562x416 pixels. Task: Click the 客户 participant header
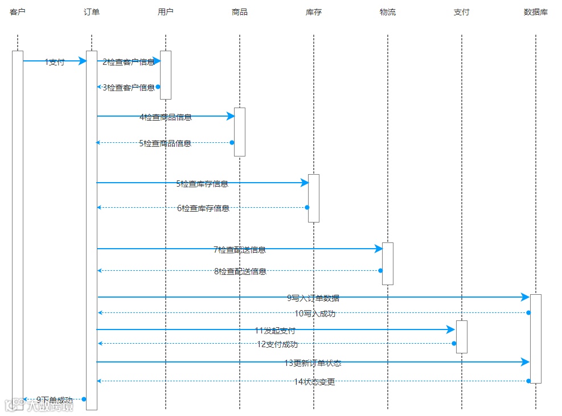click(18, 12)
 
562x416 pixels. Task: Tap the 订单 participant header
click(92, 12)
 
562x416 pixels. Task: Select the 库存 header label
click(314, 12)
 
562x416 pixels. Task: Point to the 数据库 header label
click(535, 12)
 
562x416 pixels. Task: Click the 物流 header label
click(388, 12)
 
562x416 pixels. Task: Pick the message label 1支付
click(55, 62)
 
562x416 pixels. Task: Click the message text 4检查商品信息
click(166, 117)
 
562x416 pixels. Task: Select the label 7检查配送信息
click(240, 249)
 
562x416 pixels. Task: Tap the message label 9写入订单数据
click(313, 298)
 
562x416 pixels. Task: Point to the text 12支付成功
click(277, 344)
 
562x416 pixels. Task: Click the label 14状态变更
click(314, 382)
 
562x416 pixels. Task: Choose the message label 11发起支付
click(275, 330)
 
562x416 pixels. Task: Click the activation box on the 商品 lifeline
click(240, 131)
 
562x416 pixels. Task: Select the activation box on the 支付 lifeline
click(462, 336)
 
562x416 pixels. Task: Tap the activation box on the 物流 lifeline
click(388, 263)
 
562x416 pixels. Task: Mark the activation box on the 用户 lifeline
click(166, 75)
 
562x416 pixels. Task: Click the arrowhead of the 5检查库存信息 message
click(305, 183)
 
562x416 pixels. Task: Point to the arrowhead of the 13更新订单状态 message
click(526, 362)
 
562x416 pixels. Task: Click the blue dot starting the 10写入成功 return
click(528, 312)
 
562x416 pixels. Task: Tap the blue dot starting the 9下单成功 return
click(84, 399)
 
